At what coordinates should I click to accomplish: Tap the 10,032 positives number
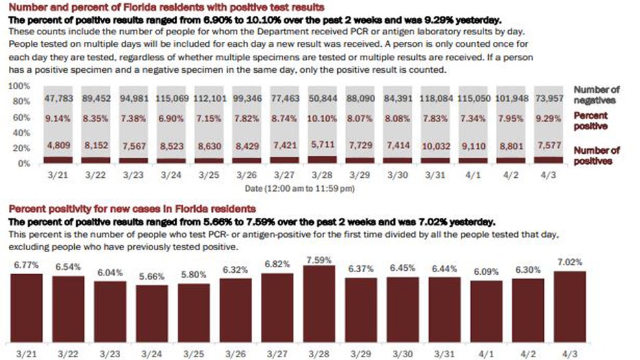(x=439, y=146)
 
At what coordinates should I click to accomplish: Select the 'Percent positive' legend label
(x=591, y=122)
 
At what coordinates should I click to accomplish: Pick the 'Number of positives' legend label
(x=596, y=155)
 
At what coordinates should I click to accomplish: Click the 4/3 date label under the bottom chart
(x=570, y=352)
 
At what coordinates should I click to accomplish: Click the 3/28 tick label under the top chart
(x=325, y=175)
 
